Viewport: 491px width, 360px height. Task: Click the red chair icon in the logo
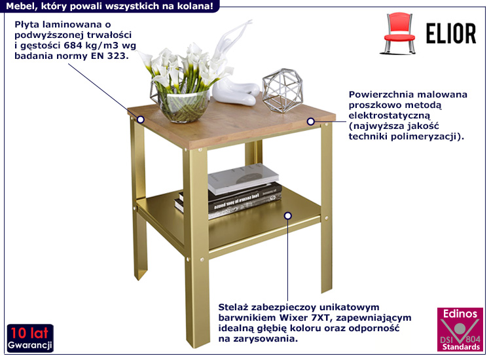pos(399,33)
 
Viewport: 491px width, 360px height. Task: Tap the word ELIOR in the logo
pos(451,33)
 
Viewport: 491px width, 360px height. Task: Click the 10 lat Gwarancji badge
pos(30,338)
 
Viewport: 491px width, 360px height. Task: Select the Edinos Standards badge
pos(460,330)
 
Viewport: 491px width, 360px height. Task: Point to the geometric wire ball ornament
pos(282,90)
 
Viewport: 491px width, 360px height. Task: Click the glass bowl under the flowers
pos(183,105)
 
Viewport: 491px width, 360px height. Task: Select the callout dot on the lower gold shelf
pos(288,216)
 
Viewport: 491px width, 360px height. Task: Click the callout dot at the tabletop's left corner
pos(141,119)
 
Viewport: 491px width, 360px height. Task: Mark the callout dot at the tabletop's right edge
pos(310,122)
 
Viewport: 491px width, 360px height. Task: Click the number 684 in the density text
pos(73,45)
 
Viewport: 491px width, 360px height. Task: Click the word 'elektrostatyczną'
pos(390,115)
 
